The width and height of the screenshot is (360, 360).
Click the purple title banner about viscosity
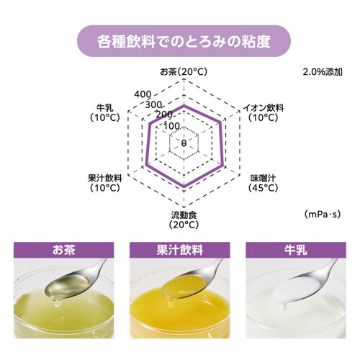[179, 40]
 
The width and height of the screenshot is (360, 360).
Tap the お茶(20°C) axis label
[184, 73]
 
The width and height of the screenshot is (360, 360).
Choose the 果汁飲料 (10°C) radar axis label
[104, 183]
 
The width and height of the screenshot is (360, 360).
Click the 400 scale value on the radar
[143, 94]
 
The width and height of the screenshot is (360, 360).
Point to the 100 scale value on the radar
[171, 126]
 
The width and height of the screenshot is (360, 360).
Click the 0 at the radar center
[184, 143]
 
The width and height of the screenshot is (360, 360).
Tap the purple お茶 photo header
[63, 251]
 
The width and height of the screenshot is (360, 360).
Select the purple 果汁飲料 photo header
[179, 251]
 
